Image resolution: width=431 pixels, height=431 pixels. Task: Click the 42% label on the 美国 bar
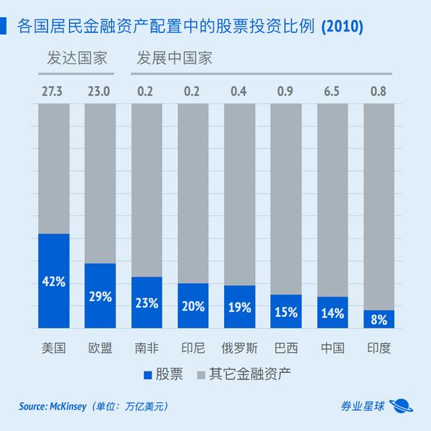(54, 282)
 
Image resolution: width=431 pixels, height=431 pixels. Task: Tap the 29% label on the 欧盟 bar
(101, 296)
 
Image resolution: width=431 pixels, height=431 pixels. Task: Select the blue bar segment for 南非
(147, 302)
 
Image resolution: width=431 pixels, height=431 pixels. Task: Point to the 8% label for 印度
(379, 319)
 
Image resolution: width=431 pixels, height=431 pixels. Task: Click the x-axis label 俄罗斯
(240, 348)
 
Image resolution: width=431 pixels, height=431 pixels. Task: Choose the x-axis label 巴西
(287, 348)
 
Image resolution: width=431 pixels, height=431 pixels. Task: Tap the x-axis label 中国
(333, 348)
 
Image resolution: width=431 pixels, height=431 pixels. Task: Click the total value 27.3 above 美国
(54, 92)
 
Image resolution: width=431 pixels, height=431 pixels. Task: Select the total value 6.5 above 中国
(333, 92)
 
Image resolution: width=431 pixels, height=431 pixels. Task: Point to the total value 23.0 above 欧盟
(101, 92)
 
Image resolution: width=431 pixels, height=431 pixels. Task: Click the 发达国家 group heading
(77, 57)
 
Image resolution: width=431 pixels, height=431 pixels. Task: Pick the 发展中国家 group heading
(175, 57)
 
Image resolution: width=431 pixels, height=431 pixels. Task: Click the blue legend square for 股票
(148, 374)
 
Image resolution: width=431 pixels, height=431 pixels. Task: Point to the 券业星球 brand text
(362, 407)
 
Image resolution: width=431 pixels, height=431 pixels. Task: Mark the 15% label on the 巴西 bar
(287, 312)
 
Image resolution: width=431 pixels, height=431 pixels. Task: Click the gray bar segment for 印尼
(193, 194)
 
